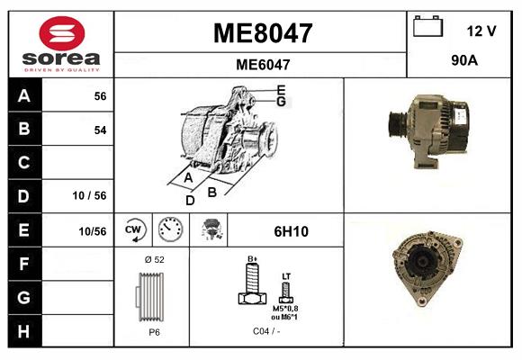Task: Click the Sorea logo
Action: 61,43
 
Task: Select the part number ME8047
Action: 262,33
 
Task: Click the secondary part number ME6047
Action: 262,64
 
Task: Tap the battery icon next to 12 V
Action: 427,28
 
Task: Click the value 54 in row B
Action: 100,130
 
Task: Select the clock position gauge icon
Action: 168,230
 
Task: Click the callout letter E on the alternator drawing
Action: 282,89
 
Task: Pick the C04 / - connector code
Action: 265,331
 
